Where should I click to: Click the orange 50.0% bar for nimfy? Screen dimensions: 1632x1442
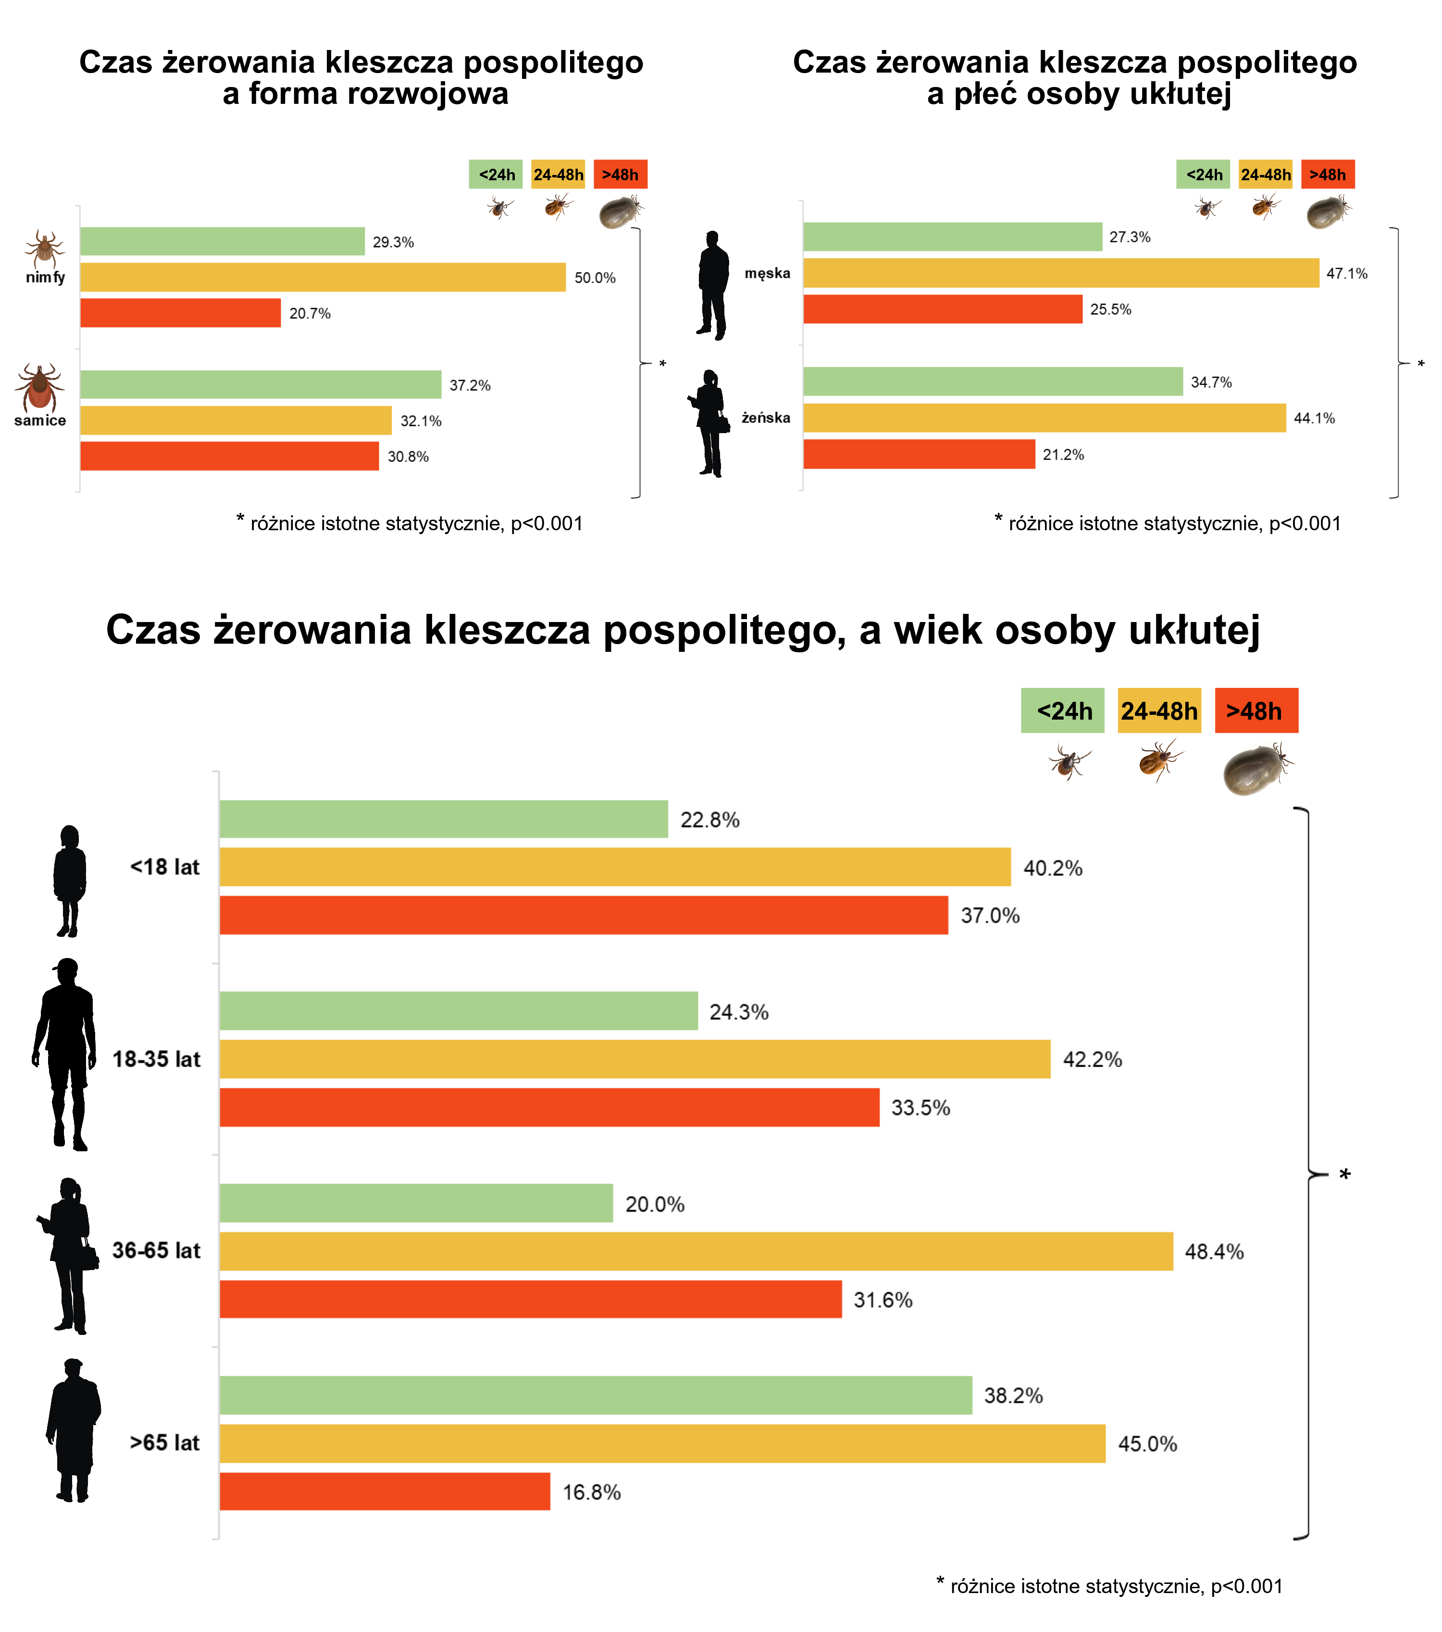point(323,277)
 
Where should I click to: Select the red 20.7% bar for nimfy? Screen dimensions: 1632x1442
point(180,313)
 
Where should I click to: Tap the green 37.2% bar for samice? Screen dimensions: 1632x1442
point(261,384)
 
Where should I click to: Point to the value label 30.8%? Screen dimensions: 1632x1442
point(408,457)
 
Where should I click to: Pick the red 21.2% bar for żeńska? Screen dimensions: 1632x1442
point(919,454)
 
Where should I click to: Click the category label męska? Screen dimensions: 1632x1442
point(767,273)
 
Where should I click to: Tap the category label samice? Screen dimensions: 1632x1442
point(40,421)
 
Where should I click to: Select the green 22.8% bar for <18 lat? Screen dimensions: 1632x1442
point(443,819)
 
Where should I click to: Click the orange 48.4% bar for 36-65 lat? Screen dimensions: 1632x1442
point(696,1251)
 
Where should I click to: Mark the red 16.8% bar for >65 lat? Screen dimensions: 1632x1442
point(385,1492)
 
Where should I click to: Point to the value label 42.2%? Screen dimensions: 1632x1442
point(1092,1059)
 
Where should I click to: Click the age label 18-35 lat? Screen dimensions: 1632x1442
point(157,1059)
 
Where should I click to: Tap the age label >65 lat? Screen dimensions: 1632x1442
point(164,1443)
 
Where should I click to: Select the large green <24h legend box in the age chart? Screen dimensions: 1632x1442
point(1063,710)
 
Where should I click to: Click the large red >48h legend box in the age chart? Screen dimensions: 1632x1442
point(1256,710)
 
